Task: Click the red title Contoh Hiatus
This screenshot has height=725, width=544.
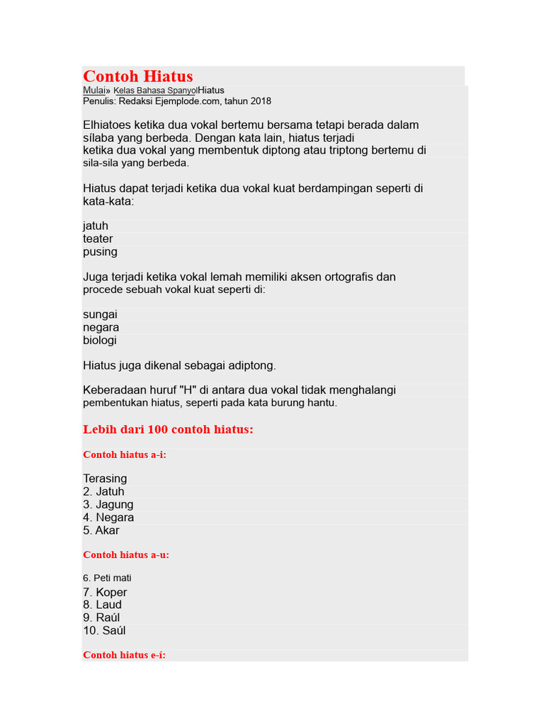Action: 138,76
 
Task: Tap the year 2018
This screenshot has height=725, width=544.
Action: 259,101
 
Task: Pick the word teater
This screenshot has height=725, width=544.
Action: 98,239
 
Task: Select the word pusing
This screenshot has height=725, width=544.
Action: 100,252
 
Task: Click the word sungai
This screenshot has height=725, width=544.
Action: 100,314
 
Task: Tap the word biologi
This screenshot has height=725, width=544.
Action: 100,341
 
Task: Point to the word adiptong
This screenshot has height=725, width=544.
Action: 250,366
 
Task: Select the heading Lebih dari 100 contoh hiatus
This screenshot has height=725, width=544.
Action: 168,430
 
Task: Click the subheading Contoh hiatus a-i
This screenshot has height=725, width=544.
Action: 125,455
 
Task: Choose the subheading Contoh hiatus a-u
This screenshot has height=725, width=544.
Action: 126,555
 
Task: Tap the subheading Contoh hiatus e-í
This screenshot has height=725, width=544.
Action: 125,655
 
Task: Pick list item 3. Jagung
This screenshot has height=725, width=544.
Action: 108,505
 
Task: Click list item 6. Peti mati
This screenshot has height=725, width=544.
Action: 107,578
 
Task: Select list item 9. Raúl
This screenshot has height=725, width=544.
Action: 101,617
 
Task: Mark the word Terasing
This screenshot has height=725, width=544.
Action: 105,479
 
